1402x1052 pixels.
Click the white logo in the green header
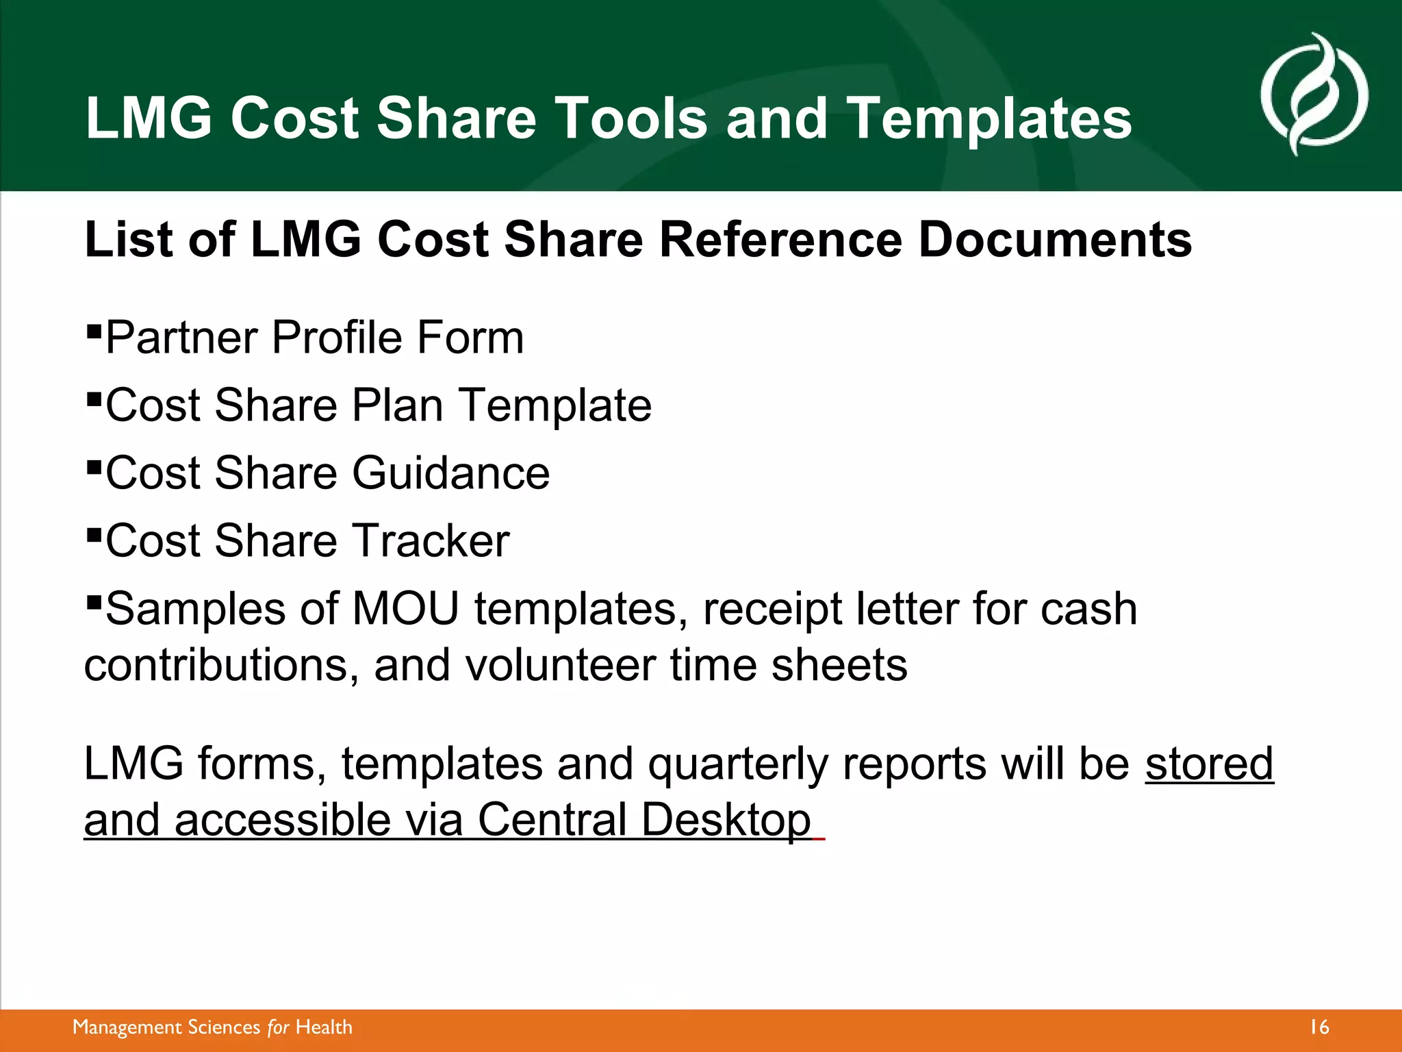(x=1314, y=94)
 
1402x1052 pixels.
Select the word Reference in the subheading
(x=780, y=240)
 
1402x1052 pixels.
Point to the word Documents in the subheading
(x=1054, y=240)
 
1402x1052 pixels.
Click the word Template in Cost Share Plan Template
(x=555, y=406)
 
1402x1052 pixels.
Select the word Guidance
(x=451, y=473)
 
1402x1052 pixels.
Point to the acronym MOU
(x=405, y=609)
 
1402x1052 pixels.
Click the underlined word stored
(x=1209, y=764)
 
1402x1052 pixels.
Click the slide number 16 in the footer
(x=1319, y=1027)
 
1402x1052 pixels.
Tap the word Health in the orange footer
(x=324, y=1027)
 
